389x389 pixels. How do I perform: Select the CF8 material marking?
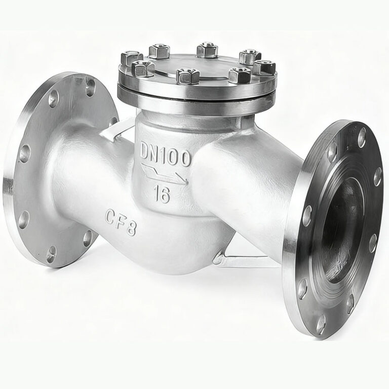pos(121,222)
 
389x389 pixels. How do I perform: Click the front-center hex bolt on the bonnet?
pos(187,76)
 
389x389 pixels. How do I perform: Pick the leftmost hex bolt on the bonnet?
pos(131,58)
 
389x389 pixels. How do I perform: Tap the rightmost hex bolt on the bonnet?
pos(264,67)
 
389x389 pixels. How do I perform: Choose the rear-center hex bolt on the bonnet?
pos(207,50)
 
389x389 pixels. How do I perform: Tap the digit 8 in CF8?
pos(131,228)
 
